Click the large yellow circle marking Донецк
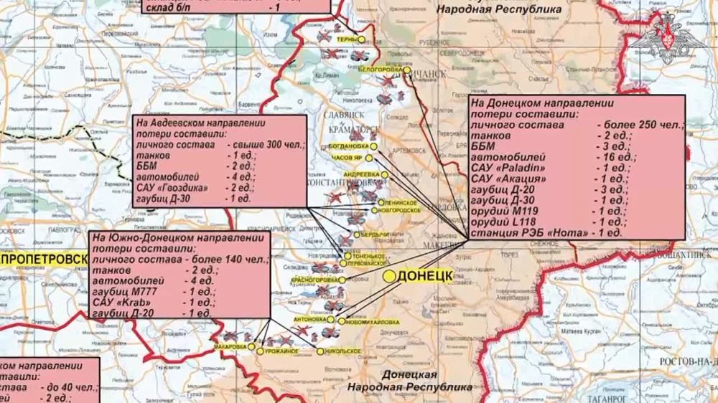(x=389, y=275)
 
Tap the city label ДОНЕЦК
(x=425, y=276)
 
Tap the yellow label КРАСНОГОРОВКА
(x=314, y=279)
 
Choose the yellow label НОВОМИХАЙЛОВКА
(x=373, y=322)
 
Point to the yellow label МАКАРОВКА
(x=230, y=347)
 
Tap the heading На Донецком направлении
(x=530, y=103)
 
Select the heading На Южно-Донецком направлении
(x=175, y=238)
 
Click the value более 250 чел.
(x=641, y=125)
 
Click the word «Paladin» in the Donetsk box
(x=520, y=168)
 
